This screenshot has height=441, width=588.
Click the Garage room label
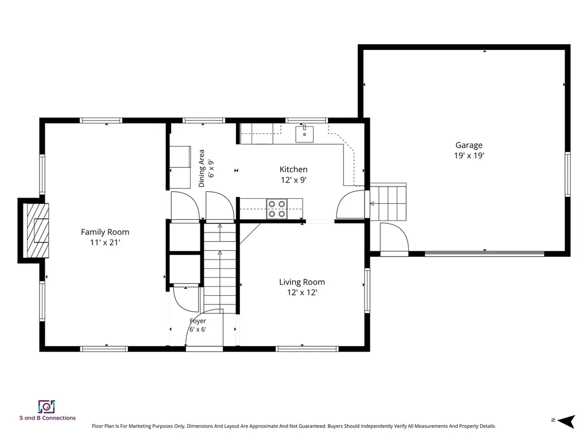tap(469, 145)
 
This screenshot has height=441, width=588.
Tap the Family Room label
tap(105, 232)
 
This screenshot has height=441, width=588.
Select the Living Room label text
tap(302, 282)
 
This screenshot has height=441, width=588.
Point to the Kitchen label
tap(293, 169)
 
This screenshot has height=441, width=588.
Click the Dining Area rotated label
tap(202, 168)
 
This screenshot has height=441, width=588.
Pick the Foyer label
tap(198, 321)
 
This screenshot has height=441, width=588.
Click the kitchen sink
tap(304, 134)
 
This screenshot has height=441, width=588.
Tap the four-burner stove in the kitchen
tap(277, 209)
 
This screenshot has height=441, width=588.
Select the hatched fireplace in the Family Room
tap(36, 230)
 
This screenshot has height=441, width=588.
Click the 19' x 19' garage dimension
tap(469, 156)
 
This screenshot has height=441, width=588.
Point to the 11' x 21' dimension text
tap(105, 243)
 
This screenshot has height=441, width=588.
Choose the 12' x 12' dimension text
tap(302, 292)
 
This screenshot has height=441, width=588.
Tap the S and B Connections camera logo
tap(47, 407)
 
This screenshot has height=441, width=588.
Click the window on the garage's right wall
tap(567, 175)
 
